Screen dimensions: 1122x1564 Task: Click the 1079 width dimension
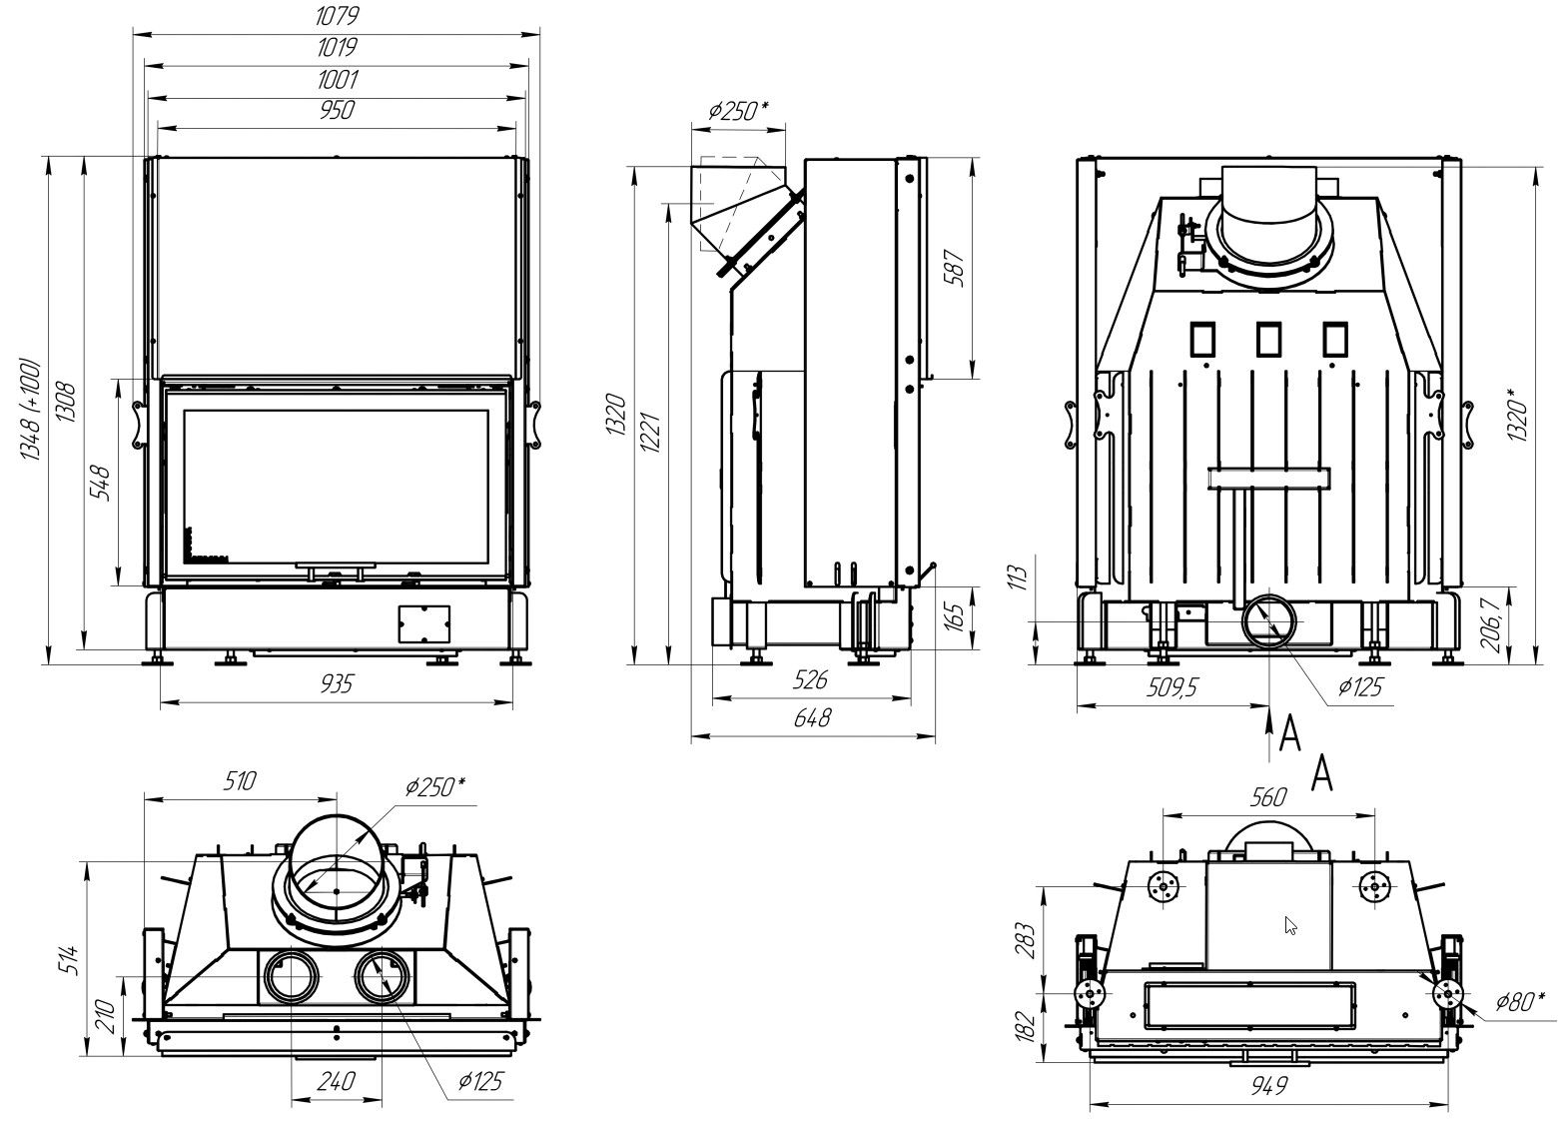click(337, 17)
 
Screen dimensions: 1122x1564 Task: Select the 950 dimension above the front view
click(337, 110)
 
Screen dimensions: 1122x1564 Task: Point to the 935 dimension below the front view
click(337, 683)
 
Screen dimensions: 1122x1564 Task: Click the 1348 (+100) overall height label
click(30, 410)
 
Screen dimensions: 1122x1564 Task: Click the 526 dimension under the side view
click(810, 681)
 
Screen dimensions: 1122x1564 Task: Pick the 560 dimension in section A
click(1268, 796)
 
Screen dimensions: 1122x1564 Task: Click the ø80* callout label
click(1519, 1000)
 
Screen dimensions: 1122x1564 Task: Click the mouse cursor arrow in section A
click(1290, 925)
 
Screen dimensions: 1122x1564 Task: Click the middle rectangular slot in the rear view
click(1269, 340)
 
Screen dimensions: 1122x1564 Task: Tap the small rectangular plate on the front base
click(423, 623)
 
